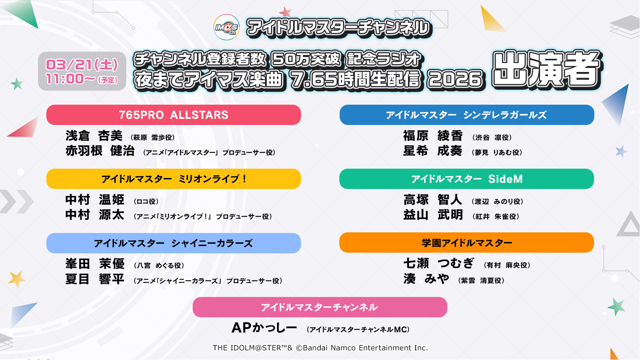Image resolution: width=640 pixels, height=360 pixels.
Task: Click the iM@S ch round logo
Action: (x=226, y=27)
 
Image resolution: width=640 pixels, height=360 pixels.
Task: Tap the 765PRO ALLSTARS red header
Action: (x=174, y=115)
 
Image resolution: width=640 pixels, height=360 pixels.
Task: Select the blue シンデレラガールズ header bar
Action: (x=467, y=115)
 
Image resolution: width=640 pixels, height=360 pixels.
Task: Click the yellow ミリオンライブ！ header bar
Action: (x=174, y=179)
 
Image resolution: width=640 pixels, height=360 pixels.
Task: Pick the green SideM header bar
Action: (x=467, y=179)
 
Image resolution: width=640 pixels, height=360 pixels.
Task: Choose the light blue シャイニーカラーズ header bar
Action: (x=174, y=243)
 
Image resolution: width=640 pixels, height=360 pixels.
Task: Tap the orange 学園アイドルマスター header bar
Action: (x=467, y=243)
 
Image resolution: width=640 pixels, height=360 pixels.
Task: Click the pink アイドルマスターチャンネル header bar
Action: (x=320, y=307)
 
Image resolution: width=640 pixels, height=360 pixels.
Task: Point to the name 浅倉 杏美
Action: (x=94, y=136)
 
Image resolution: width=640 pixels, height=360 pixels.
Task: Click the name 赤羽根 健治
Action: (x=100, y=151)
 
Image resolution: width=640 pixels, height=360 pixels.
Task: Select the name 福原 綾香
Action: (x=433, y=136)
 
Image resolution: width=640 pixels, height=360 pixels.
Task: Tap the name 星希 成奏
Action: (x=433, y=151)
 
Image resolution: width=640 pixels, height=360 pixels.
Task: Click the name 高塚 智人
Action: (x=433, y=200)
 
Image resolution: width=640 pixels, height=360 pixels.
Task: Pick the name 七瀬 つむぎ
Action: (x=439, y=263)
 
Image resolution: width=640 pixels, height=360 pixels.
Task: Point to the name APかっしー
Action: (x=264, y=328)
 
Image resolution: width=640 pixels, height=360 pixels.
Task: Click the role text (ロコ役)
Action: (x=146, y=201)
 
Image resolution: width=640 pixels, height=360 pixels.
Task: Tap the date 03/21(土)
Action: (x=82, y=64)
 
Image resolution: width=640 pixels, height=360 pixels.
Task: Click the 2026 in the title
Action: (x=455, y=79)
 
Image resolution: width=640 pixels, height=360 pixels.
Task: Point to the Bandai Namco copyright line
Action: (x=320, y=348)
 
